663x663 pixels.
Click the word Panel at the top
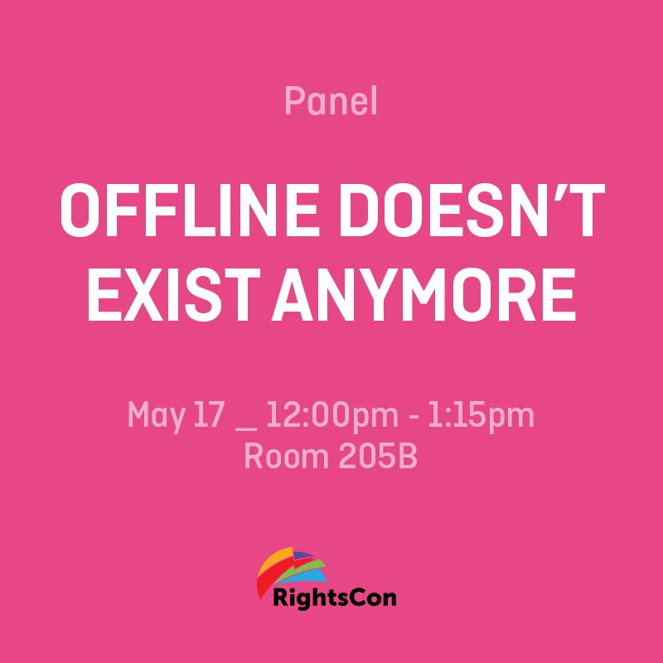coord(331,102)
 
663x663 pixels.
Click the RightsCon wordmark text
coord(335,597)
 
